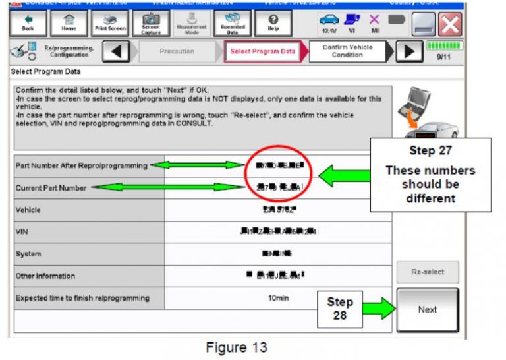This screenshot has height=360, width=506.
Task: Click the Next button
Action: [x=427, y=309]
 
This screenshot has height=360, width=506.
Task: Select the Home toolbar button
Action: [x=69, y=24]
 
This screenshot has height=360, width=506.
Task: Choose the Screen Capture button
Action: [x=151, y=24]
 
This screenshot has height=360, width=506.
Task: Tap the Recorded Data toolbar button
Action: [x=232, y=24]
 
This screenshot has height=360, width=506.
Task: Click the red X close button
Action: [x=450, y=25]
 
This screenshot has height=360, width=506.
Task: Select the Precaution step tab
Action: [x=176, y=51]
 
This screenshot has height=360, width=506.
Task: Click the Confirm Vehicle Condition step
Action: [x=347, y=51]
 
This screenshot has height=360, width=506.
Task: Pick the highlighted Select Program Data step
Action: [x=263, y=51]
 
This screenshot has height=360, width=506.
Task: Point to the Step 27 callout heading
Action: [x=430, y=151]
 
